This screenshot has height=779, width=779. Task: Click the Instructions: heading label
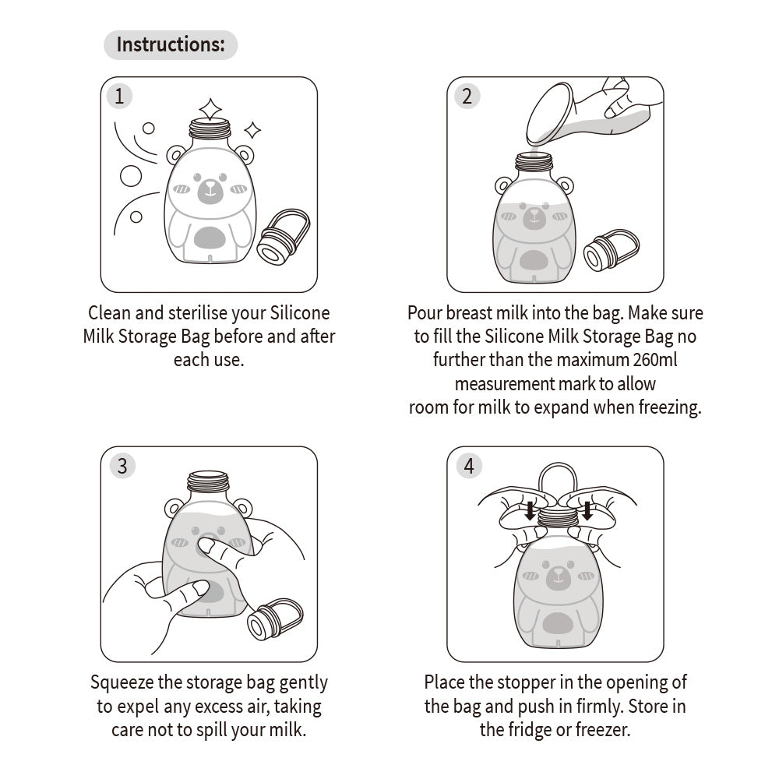pyautogui.click(x=170, y=44)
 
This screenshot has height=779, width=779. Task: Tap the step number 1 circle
pyautogui.click(x=119, y=97)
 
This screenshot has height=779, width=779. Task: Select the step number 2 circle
pyautogui.click(x=467, y=97)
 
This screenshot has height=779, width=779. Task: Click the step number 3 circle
pyautogui.click(x=122, y=466)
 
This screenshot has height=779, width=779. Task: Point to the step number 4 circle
pyautogui.click(x=468, y=466)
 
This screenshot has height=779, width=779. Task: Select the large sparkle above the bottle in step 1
pyautogui.click(x=210, y=108)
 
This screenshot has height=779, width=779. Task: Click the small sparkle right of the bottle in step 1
pyautogui.click(x=252, y=129)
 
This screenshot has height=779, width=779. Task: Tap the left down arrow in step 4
pyautogui.click(x=529, y=511)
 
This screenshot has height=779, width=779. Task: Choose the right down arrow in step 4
pyautogui.click(x=587, y=511)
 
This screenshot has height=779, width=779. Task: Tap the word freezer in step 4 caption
pyautogui.click(x=601, y=730)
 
